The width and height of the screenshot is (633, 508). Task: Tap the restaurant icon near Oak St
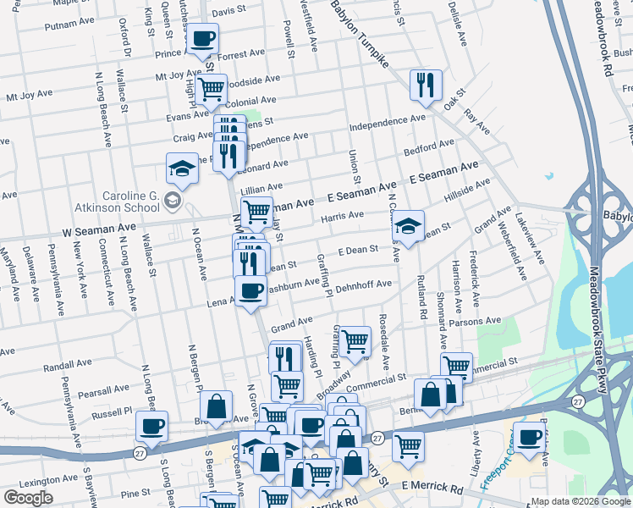(425, 85)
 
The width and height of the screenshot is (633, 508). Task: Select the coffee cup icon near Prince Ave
(204, 38)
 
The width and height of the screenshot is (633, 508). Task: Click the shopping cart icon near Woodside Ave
(211, 86)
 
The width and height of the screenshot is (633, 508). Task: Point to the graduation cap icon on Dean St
(408, 226)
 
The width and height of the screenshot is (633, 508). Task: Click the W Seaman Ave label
(100, 229)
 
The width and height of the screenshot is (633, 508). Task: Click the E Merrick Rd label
(433, 488)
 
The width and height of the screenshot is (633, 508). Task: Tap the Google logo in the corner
(27, 498)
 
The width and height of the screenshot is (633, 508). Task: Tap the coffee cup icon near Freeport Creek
(530, 439)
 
